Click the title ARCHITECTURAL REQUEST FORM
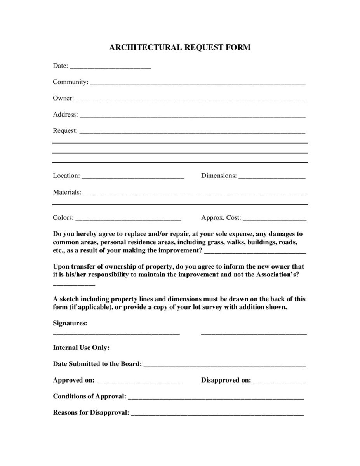point(180,47)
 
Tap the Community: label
point(70,82)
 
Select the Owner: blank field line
point(190,100)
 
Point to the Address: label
point(65,114)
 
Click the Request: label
point(65,130)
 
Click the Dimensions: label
point(219,176)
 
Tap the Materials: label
point(67,192)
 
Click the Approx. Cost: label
point(221,217)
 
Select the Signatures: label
point(70,323)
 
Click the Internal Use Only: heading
point(81,348)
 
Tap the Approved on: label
point(73,380)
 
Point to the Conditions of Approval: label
point(89,396)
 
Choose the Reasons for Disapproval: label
point(91,412)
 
